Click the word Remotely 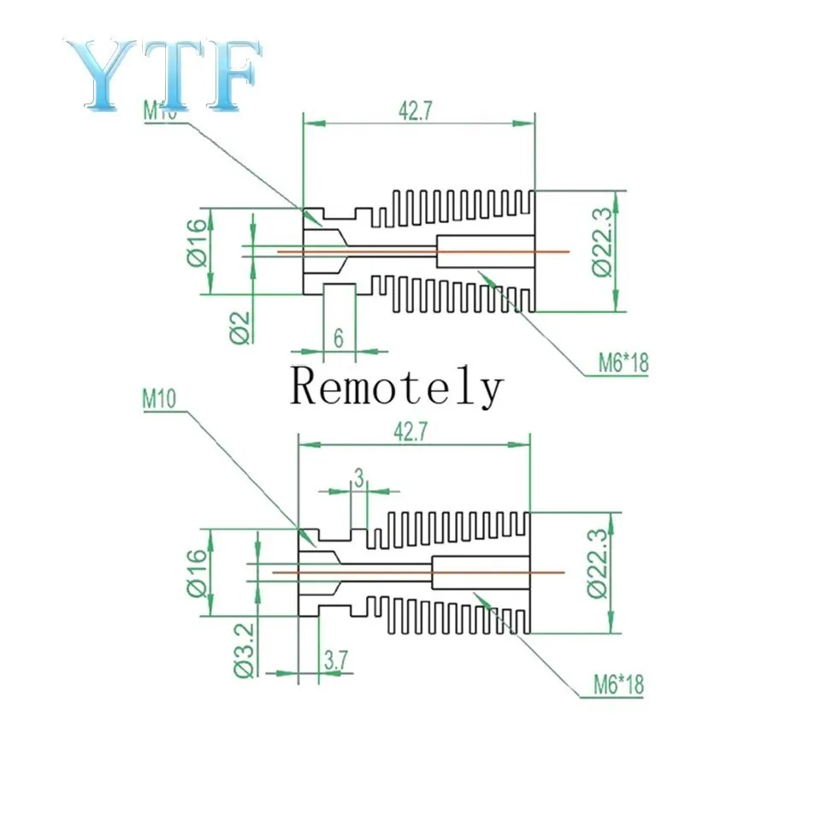tap(395, 387)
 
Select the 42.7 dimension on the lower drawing tap(412, 434)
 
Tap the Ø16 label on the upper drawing tap(196, 241)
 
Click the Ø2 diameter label tap(240, 326)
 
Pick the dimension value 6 tap(339, 339)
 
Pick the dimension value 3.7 tap(334, 660)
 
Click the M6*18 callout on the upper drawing tap(623, 363)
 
